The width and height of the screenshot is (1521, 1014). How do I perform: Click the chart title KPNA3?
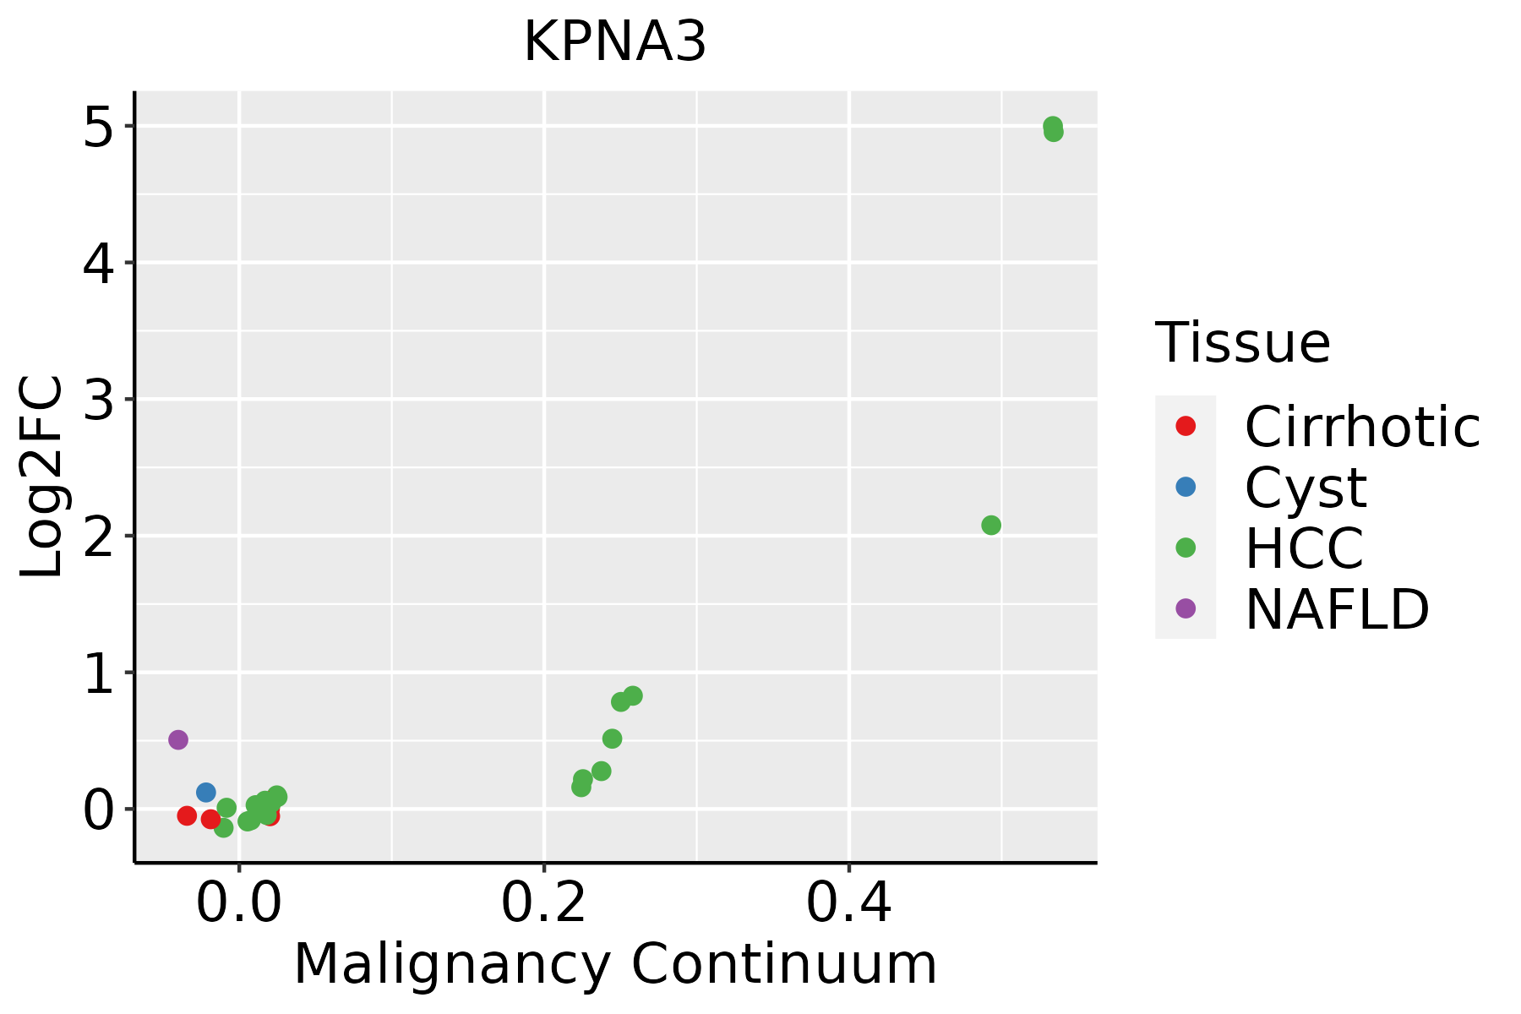[x=614, y=42]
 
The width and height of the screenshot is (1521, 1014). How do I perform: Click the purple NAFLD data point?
[x=177, y=739]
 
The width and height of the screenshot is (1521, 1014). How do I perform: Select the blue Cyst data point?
[x=205, y=792]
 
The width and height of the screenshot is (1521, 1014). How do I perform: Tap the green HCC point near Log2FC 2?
[x=991, y=525]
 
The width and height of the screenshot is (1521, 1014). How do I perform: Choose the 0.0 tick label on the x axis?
[x=239, y=904]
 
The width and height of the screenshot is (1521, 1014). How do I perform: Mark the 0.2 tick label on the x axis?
[x=544, y=904]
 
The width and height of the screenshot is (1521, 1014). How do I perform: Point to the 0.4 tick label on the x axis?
[x=848, y=904]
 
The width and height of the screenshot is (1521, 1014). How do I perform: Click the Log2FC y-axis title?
[x=42, y=477]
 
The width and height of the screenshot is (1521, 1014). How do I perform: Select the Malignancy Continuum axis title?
[x=614, y=964]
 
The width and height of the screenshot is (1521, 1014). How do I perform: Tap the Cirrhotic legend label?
[x=1361, y=427]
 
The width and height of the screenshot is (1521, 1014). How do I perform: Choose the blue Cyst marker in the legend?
[x=1186, y=487]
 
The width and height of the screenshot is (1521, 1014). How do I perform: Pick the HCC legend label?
[x=1304, y=548]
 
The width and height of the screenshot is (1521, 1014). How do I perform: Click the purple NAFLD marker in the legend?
[x=1186, y=608]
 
